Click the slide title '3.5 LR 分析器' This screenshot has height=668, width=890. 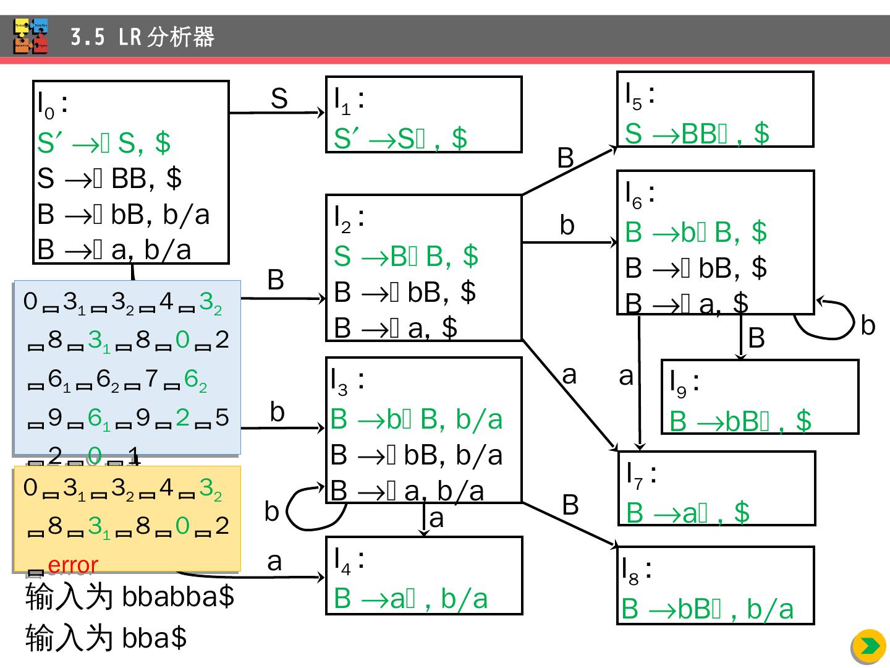142,37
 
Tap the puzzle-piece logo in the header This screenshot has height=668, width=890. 31,36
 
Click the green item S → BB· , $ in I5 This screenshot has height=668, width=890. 697,134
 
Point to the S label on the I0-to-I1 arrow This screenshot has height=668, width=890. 279,99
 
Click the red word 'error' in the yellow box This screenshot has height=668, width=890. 73,565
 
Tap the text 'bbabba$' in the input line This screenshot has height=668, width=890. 178,597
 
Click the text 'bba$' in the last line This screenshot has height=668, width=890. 155,638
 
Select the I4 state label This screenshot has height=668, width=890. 348,560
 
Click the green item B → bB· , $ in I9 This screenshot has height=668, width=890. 740,421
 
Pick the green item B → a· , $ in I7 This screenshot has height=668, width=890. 687,513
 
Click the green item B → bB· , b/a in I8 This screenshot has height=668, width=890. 707,609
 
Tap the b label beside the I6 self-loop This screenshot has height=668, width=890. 868,325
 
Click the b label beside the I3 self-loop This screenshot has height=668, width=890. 272,512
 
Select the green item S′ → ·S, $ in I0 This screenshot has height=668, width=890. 103,143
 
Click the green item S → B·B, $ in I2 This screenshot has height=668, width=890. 405,256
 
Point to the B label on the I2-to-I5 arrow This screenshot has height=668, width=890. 566,158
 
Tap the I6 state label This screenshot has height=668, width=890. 640,194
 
